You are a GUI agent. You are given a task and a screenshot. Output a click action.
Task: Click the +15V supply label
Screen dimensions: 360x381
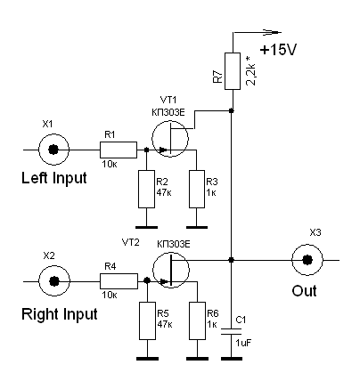[x=278, y=50]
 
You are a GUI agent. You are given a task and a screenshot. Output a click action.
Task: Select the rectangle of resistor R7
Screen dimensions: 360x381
[x=233, y=71]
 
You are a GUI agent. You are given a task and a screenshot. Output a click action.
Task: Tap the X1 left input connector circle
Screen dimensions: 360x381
[x=53, y=150]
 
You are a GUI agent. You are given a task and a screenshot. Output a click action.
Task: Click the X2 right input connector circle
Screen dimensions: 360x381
[x=54, y=280]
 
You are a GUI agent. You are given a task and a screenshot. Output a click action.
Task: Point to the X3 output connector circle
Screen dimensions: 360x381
[x=307, y=260]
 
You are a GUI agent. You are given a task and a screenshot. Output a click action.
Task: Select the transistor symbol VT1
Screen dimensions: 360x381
[x=170, y=138]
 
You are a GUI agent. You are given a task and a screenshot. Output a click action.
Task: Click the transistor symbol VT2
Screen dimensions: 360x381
[x=171, y=270]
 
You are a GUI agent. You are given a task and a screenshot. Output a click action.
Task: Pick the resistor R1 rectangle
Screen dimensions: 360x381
[x=119, y=150]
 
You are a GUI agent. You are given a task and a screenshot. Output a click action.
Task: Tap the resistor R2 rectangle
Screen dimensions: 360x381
[x=146, y=189]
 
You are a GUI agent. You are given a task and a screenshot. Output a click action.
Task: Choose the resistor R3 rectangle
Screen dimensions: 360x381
[x=197, y=189]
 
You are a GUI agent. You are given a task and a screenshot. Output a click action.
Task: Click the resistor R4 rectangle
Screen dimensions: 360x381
[x=119, y=281]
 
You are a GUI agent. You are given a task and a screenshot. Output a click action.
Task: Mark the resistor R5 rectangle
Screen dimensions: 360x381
[x=148, y=320]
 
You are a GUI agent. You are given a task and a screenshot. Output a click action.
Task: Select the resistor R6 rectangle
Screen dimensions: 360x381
[x=197, y=320]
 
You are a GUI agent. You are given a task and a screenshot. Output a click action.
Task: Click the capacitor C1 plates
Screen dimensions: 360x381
[x=232, y=331]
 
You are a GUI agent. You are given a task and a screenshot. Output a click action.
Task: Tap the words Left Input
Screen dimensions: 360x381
[x=54, y=178]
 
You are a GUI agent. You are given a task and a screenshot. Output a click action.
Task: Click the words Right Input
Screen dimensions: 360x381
[x=60, y=314]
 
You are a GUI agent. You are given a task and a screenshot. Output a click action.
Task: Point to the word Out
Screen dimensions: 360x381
[x=304, y=291]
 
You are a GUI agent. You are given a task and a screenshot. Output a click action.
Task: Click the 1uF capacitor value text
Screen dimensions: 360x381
[x=243, y=343]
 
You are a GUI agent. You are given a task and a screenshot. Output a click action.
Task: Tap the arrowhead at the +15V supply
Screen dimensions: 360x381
[x=272, y=32]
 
